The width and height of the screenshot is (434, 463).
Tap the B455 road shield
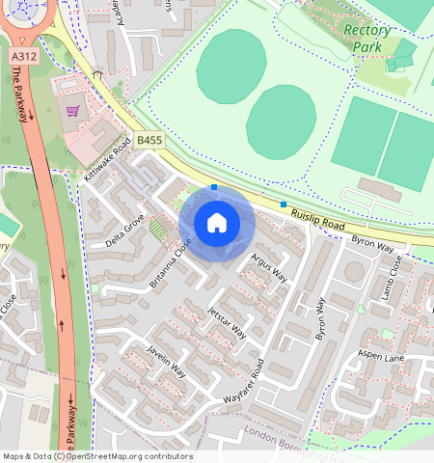click(149, 140)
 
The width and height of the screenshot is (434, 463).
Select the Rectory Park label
click(367, 38)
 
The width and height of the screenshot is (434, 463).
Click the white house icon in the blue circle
click(217, 223)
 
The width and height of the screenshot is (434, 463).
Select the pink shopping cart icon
click(71, 111)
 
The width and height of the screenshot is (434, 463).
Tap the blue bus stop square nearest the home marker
click(214, 188)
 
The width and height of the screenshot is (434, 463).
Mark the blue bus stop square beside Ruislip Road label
click(284, 204)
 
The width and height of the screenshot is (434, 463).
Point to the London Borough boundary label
click(289, 434)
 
